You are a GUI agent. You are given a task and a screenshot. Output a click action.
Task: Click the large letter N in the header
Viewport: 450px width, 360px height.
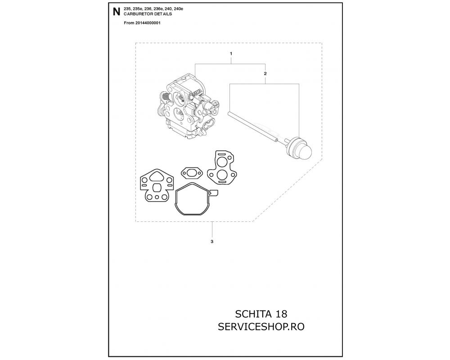[116, 12]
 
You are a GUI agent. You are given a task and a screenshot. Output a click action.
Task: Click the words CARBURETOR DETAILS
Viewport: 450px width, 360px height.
[148, 14]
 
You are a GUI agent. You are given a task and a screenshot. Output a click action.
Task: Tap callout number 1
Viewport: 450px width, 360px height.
[231, 54]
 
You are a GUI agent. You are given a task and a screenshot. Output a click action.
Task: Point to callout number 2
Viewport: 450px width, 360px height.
[265, 73]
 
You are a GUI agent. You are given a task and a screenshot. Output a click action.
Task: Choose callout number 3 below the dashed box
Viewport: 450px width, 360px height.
[212, 242]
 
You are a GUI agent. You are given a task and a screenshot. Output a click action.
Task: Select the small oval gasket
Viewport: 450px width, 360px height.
[192, 173]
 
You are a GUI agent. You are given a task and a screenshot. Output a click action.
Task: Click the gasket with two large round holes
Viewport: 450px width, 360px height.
[222, 168]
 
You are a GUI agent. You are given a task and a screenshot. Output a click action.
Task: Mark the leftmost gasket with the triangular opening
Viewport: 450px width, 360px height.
[157, 186]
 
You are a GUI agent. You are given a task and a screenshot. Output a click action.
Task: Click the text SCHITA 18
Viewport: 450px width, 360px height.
[261, 314]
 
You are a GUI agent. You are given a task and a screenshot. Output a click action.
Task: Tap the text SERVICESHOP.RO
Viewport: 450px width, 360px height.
[261, 327]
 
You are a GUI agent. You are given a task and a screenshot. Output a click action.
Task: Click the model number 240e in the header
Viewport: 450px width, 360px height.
[179, 9]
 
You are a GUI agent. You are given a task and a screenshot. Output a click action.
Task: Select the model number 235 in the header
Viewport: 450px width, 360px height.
[127, 9]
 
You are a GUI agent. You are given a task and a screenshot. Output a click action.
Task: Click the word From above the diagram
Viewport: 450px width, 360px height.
[129, 23]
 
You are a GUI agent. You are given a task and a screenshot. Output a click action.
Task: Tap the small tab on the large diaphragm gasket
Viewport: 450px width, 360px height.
[214, 192]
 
